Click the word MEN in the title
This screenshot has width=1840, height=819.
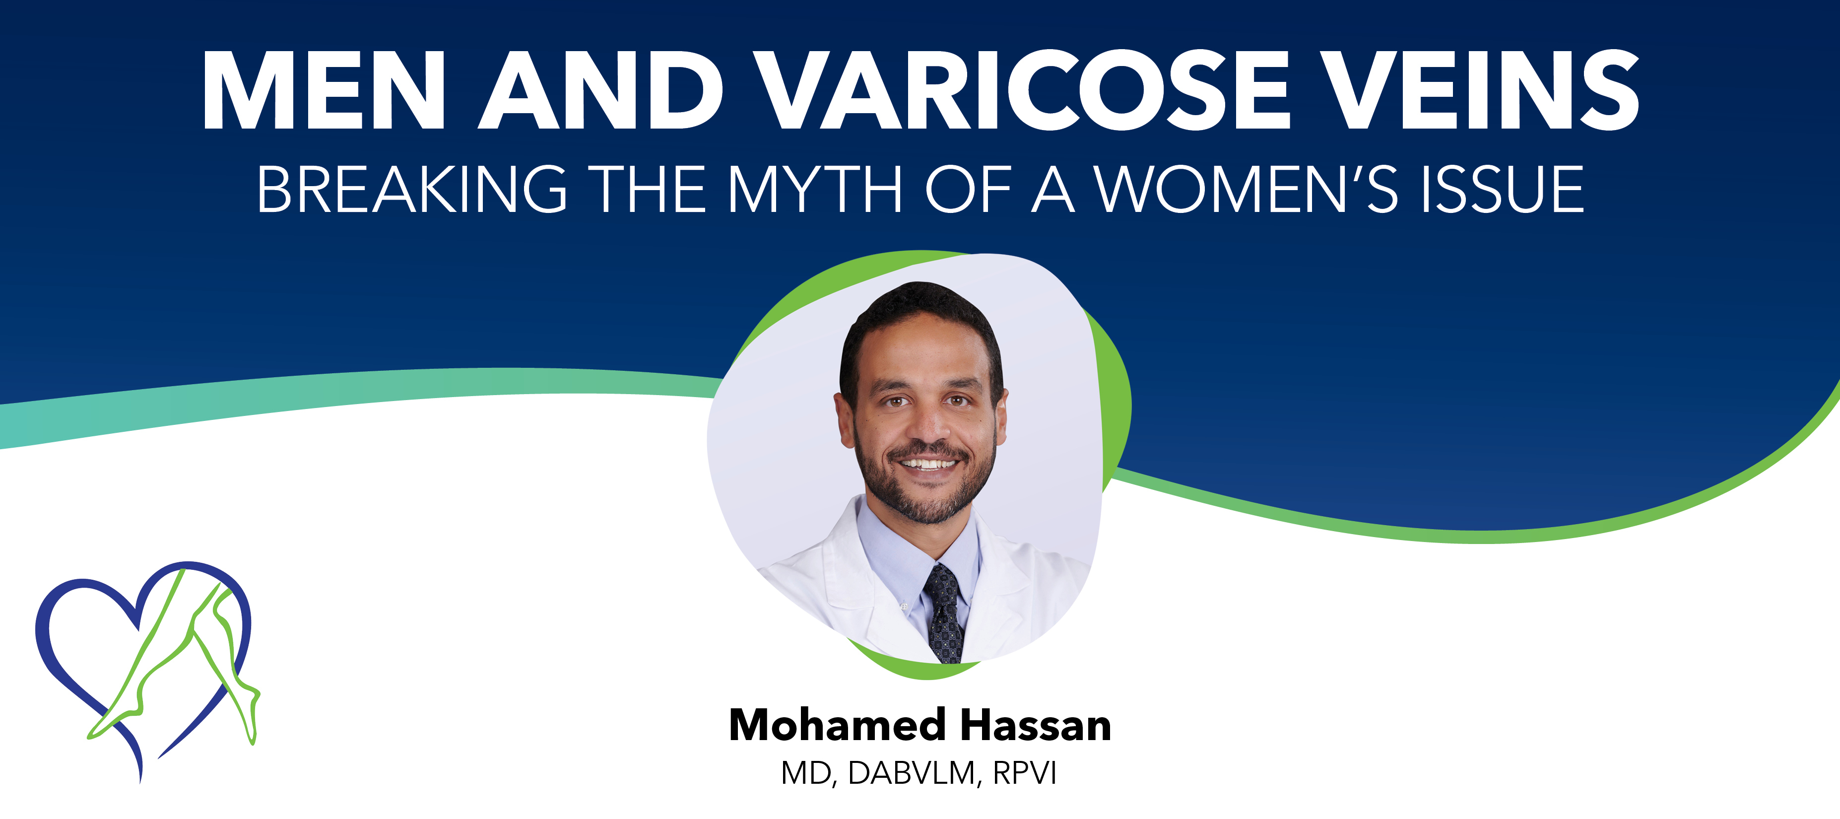pyautogui.click(x=324, y=91)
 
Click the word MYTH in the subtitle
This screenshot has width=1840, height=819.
pyautogui.click(x=814, y=190)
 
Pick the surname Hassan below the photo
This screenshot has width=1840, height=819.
pyautogui.click(x=1036, y=725)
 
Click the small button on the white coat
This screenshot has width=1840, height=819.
pyautogui.click(x=904, y=606)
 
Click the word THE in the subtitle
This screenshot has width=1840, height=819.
pyautogui.click(x=647, y=190)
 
